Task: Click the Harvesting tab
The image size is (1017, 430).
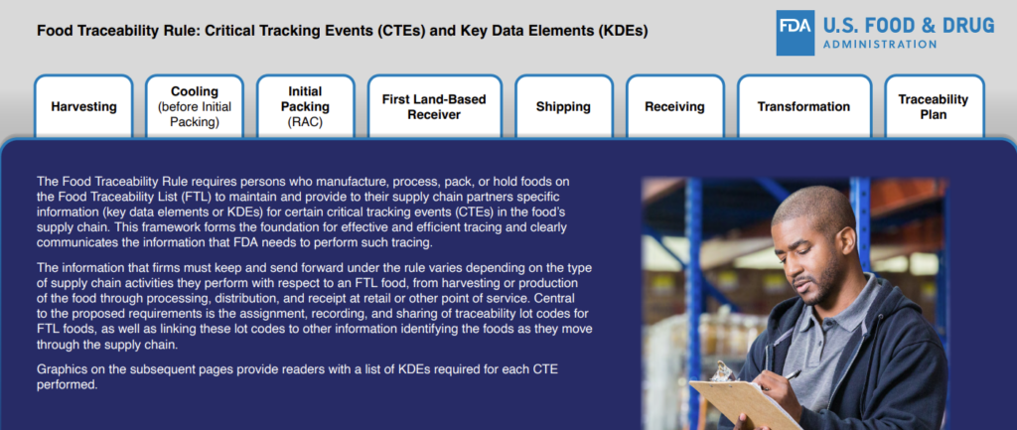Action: point(83,107)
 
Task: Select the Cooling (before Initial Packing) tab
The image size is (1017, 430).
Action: point(195,107)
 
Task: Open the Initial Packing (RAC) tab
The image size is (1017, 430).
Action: point(306,107)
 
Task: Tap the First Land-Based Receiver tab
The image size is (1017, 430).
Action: point(434,107)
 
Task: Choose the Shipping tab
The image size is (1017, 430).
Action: point(564,107)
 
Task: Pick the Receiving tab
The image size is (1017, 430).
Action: point(674,107)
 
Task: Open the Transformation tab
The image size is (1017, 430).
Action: point(803,107)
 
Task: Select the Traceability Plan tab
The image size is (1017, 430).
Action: point(934,107)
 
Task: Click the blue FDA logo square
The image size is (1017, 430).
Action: point(796,33)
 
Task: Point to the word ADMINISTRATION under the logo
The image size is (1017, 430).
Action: point(880,45)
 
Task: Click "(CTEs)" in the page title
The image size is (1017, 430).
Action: point(401,31)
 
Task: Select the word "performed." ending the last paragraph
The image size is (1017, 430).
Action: point(67,384)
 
